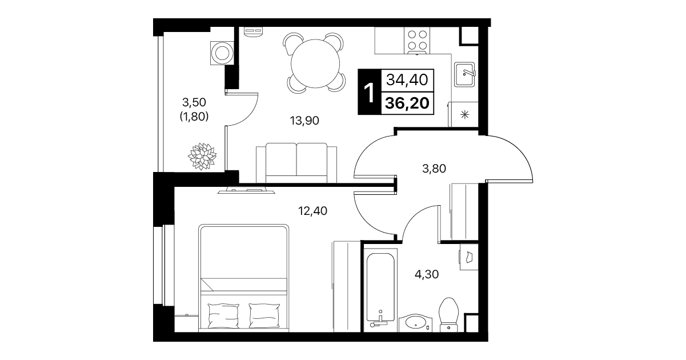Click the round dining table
(315, 64)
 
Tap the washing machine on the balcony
(222, 53)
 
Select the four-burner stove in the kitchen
(417, 40)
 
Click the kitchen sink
(464, 74)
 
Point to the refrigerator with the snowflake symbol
(463, 114)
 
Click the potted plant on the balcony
(202, 156)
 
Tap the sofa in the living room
(296, 163)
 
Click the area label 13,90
(304, 121)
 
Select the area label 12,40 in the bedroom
(312, 211)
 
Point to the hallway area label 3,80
(434, 169)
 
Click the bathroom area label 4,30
(427, 274)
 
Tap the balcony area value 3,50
(194, 102)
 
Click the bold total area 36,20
(407, 103)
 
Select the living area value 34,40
(407, 80)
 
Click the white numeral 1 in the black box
(370, 93)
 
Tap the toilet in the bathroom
(448, 315)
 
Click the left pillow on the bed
(223, 315)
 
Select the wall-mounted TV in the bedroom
(246, 190)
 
